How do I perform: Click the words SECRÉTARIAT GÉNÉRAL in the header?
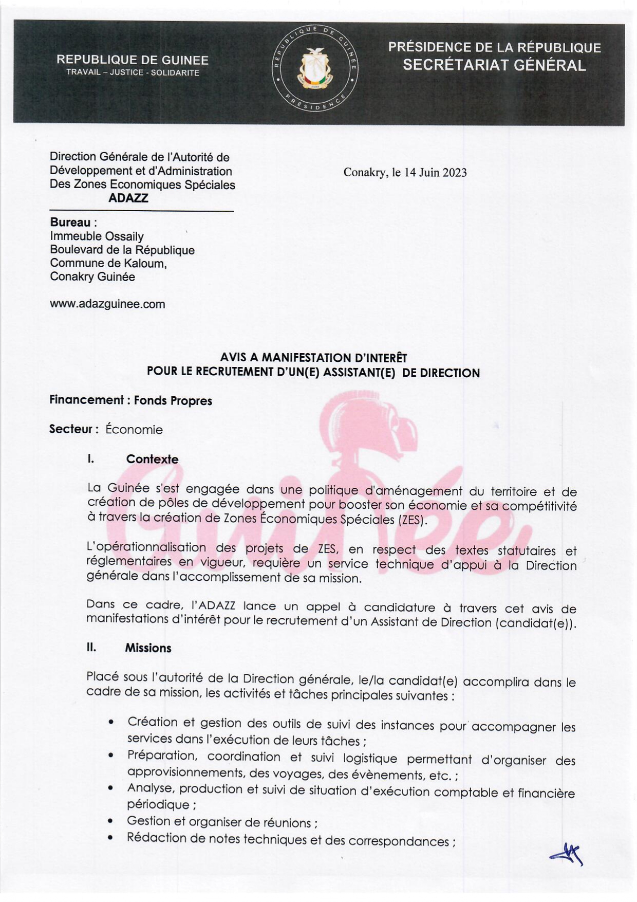pyautogui.click(x=494, y=65)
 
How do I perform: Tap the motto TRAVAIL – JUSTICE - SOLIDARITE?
pyautogui.click(x=133, y=73)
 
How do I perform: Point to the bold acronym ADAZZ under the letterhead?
pyautogui.click(x=128, y=198)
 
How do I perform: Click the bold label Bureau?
pyautogui.click(x=70, y=223)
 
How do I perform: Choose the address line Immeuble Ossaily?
pyautogui.click(x=97, y=236)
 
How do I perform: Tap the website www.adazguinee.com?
pyautogui.click(x=107, y=304)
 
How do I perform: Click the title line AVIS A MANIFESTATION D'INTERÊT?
pyautogui.click(x=313, y=358)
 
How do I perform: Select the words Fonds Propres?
pyautogui.click(x=173, y=401)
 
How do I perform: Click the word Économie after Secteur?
pyautogui.click(x=134, y=430)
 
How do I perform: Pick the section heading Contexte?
pyautogui.click(x=152, y=459)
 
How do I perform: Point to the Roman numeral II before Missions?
pyautogui.click(x=91, y=648)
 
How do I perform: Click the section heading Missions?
pyautogui.click(x=148, y=648)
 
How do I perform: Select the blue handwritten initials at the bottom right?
pyautogui.click(x=567, y=855)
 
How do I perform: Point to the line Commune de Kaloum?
pyautogui.click(x=108, y=264)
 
